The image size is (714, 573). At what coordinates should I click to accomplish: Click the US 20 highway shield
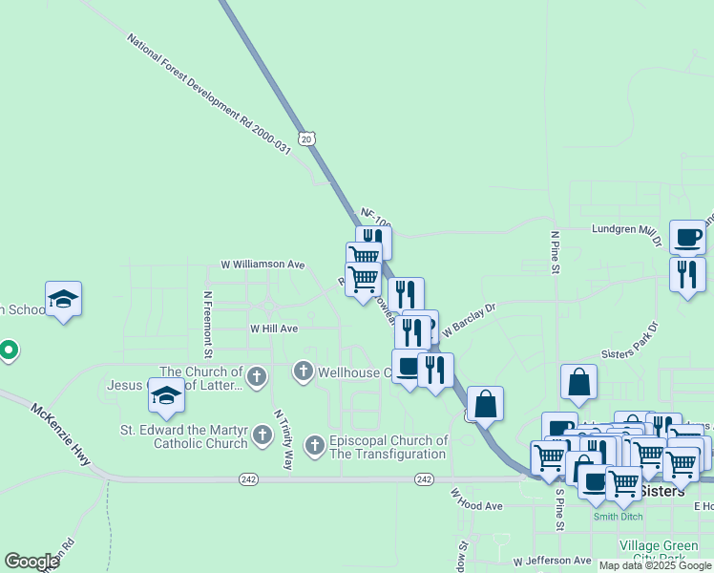point(305,138)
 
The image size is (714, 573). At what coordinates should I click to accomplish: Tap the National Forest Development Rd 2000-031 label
point(208,95)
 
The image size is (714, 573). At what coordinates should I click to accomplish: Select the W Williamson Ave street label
point(262,264)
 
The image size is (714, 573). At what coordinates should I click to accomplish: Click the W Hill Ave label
point(274,328)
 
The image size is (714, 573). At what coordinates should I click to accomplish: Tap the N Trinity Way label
point(283,439)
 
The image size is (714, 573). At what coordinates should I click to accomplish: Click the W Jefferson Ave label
point(552,562)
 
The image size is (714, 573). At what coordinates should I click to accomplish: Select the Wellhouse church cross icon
point(304,371)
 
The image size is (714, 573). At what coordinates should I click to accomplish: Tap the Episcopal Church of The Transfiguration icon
point(315,446)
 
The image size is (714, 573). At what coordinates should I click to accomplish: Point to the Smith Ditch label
point(618,517)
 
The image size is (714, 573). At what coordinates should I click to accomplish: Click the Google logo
point(31,562)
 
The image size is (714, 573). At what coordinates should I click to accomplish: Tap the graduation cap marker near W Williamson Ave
point(64,298)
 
